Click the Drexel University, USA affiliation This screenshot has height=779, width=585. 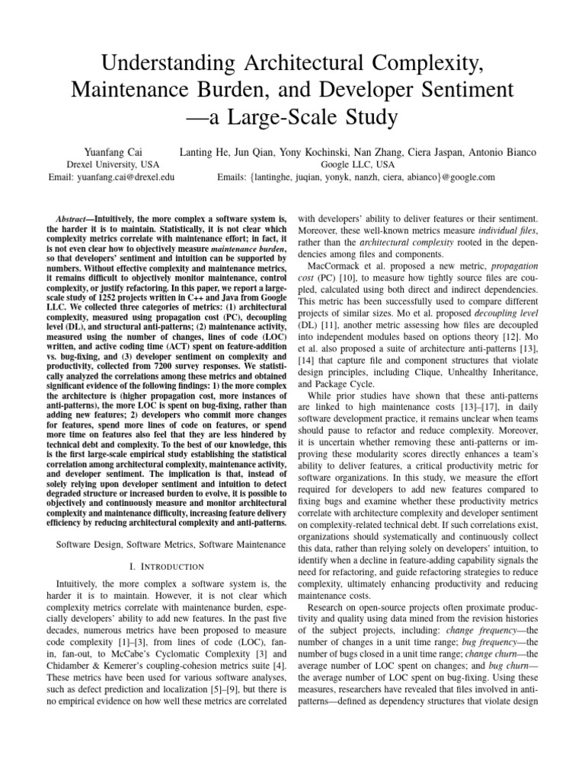[x=111, y=164]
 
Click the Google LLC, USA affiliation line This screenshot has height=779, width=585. [x=355, y=164]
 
